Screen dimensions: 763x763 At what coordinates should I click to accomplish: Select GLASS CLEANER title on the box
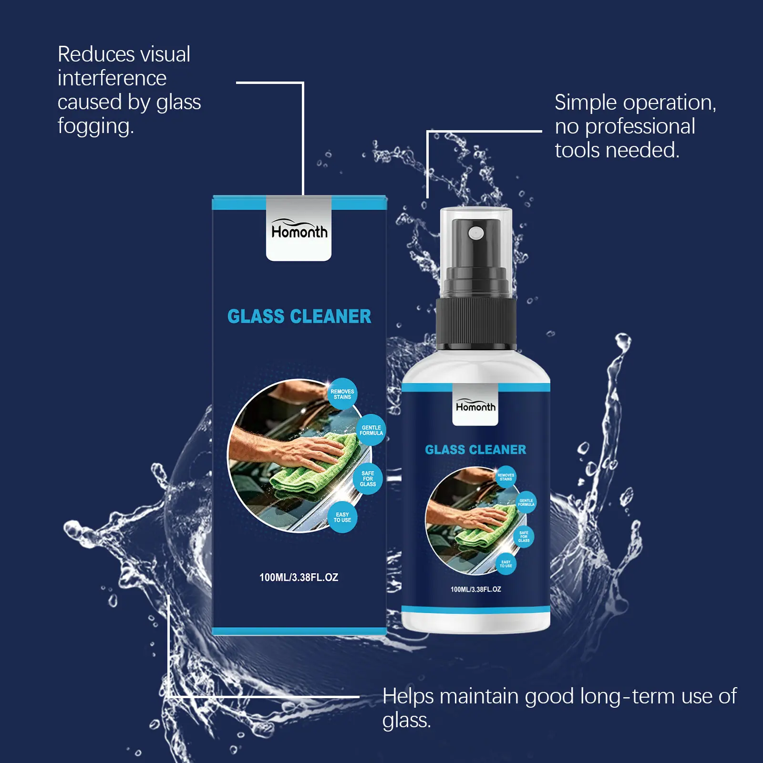pos(299,316)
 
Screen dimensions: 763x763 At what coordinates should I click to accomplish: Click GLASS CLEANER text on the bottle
pos(475,450)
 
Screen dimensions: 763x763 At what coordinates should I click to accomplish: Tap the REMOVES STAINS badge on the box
pos(342,394)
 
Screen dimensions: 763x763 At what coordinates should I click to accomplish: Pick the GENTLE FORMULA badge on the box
pos(371,430)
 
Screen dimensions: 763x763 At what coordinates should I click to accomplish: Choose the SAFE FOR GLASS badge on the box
pos(368,478)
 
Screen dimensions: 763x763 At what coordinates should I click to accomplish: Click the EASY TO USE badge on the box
pos(342,517)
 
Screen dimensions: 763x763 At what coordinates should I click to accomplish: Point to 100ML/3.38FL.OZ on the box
pos(299,577)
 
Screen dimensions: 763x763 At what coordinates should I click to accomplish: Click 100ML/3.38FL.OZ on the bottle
pos(476,589)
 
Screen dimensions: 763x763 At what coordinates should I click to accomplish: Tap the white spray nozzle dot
pos(476,233)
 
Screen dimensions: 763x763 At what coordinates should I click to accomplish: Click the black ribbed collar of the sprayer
pos(476,322)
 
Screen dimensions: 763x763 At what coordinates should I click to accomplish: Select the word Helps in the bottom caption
pos(408,697)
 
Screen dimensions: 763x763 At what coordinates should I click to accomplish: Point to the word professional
pos(640,127)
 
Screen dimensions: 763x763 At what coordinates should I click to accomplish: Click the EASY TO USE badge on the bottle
pos(506,564)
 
